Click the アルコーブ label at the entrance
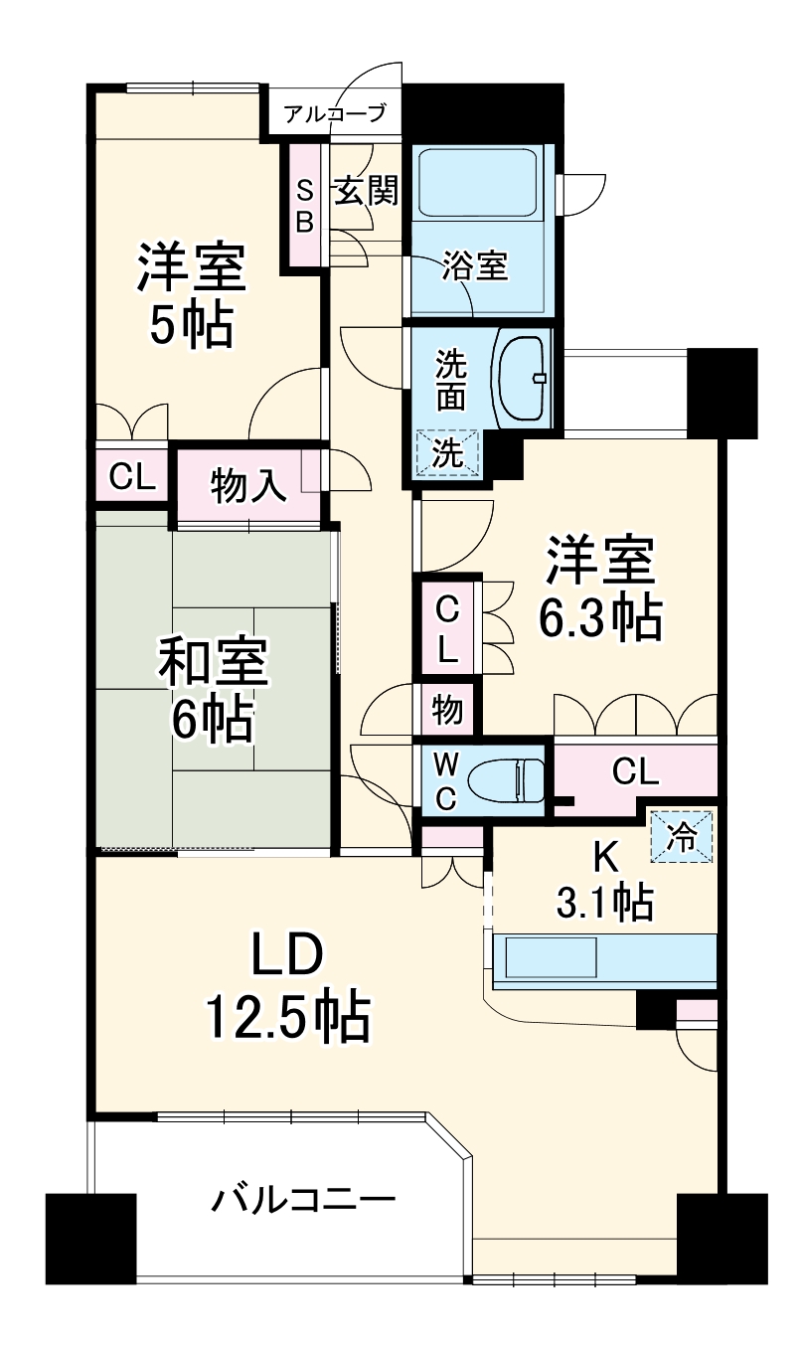[x=334, y=113]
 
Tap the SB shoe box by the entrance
[x=305, y=206]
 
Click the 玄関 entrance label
[x=366, y=190]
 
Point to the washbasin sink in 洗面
[x=521, y=378]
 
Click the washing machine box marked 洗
[x=447, y=454]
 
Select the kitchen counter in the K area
[x=604, y=960]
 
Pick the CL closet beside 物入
[x=132, y=477]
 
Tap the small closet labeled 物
[x=446, y=710]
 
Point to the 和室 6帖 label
[x=214, y=691]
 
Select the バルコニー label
[x=303, y=1200]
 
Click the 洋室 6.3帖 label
[x=599, y=590]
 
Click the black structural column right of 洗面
[x=721, y=393]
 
